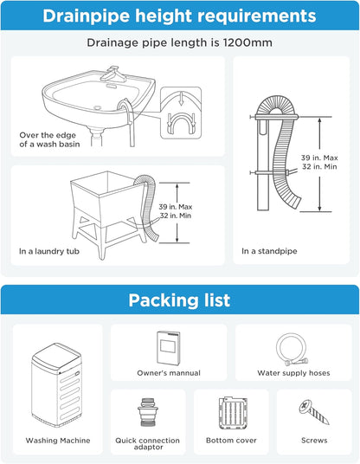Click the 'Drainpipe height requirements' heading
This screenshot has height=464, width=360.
(x=179, y=16)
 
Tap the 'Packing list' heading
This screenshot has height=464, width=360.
(x=179, y=300)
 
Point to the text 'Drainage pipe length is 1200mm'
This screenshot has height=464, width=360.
(x=179, y=42)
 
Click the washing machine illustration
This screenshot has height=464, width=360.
(x=57, y=387)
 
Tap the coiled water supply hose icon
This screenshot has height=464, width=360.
(x=296, y=348)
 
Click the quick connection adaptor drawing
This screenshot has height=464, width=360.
(x=147, y=414)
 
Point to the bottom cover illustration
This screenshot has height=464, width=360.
(x=231, y=413)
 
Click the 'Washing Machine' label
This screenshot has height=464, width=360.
(x=57, y=441)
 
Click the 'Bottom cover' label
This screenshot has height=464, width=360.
(x=231, y=441)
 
